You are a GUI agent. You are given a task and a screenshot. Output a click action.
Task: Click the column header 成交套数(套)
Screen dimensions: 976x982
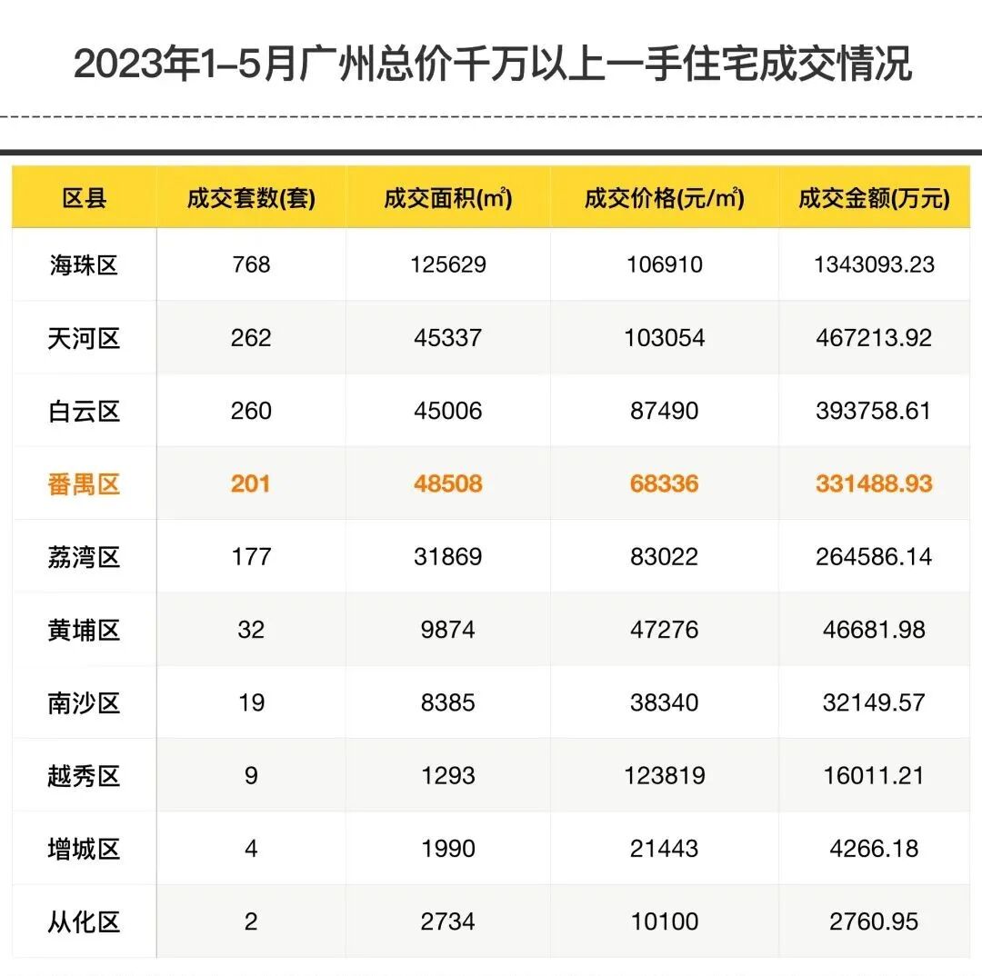pos(251,199)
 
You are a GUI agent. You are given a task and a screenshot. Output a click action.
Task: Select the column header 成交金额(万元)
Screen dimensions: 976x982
pos(874,199)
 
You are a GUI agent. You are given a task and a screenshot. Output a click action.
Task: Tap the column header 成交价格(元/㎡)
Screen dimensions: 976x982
pos(665,199)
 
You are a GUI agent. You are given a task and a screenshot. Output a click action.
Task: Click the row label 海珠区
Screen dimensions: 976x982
pos(84,265)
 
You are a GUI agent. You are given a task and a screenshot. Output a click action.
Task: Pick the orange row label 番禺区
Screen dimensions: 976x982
pos(84,483)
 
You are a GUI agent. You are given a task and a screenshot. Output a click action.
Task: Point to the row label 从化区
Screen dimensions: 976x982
pos(84,922)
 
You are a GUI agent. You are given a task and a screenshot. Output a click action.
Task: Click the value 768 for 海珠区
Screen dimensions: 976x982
pos(251,264)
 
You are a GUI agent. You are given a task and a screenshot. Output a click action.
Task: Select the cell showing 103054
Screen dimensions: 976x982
pos(665,338)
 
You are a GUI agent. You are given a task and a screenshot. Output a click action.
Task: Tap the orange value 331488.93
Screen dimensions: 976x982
pos(874,483)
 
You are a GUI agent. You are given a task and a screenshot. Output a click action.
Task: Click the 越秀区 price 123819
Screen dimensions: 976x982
pos(665,776)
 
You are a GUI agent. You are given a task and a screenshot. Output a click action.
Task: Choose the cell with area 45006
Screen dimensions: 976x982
pos(447,411)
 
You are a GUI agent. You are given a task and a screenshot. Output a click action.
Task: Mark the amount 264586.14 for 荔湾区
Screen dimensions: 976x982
pos(874,556)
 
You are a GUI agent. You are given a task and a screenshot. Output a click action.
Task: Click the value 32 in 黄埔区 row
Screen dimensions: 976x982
pos(251,630)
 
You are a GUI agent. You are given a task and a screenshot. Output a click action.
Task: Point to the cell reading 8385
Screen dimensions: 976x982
pos(447,702)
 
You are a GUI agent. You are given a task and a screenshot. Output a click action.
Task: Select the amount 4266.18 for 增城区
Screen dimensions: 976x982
pos(874,849)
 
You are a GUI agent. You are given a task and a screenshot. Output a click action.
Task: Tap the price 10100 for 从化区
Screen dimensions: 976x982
pos(665,922)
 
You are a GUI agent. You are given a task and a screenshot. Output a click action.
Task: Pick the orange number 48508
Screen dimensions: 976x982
pos(447,483)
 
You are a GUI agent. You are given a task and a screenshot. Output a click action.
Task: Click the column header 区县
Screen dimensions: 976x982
pos(84,199)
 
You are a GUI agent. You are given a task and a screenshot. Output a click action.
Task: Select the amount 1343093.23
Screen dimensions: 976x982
pos(874,264)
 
